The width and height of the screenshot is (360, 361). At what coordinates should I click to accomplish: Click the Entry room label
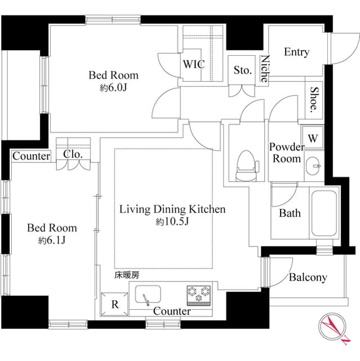(296, 52)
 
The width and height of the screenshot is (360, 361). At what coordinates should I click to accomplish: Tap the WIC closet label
(193, 64)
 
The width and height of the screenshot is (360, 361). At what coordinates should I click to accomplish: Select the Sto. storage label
(242, 71)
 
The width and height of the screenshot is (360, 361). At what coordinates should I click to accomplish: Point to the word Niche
(265, 69)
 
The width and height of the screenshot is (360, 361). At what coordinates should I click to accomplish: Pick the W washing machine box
(313, 137)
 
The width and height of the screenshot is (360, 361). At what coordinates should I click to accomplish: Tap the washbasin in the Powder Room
(314, 166)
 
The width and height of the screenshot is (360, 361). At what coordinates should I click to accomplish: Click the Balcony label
(308, 278)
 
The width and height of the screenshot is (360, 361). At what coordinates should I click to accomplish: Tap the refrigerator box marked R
(115, 305)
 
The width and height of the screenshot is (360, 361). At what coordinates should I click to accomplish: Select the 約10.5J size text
(172, 222)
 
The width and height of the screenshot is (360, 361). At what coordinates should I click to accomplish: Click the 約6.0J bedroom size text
(113, 89)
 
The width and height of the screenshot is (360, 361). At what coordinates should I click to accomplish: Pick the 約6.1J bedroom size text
(52, 241)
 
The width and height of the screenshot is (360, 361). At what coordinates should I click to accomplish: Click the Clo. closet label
(72, 154)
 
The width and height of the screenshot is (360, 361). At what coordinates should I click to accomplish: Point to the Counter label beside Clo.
(31, 156)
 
